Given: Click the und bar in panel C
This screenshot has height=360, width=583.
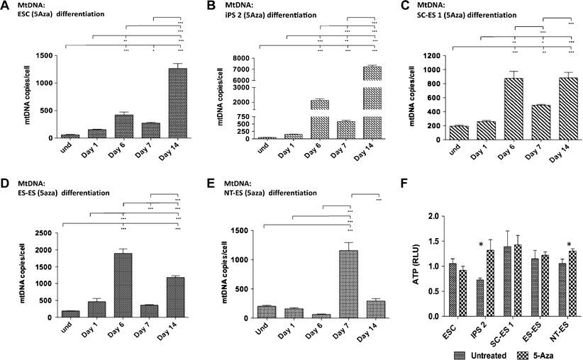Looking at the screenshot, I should pos(460,132).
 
